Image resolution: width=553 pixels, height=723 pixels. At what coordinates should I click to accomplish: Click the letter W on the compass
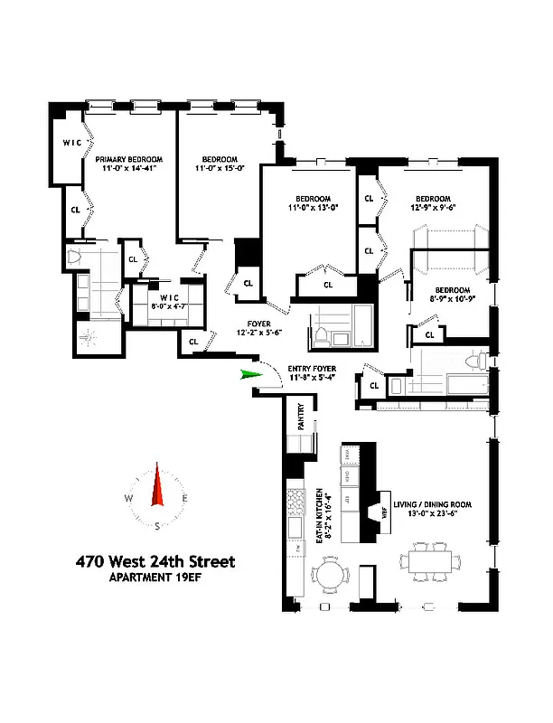pyautogui.click(x=130, y=500)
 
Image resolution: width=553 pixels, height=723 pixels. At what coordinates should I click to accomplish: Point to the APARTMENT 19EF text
pyautogui.click(x=155, y=578)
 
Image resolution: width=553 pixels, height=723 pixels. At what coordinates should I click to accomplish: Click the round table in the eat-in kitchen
pyautogui.click(x=326, y=575)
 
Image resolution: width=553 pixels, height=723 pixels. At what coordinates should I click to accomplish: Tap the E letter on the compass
pyautogui.click(x=185, y=500)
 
